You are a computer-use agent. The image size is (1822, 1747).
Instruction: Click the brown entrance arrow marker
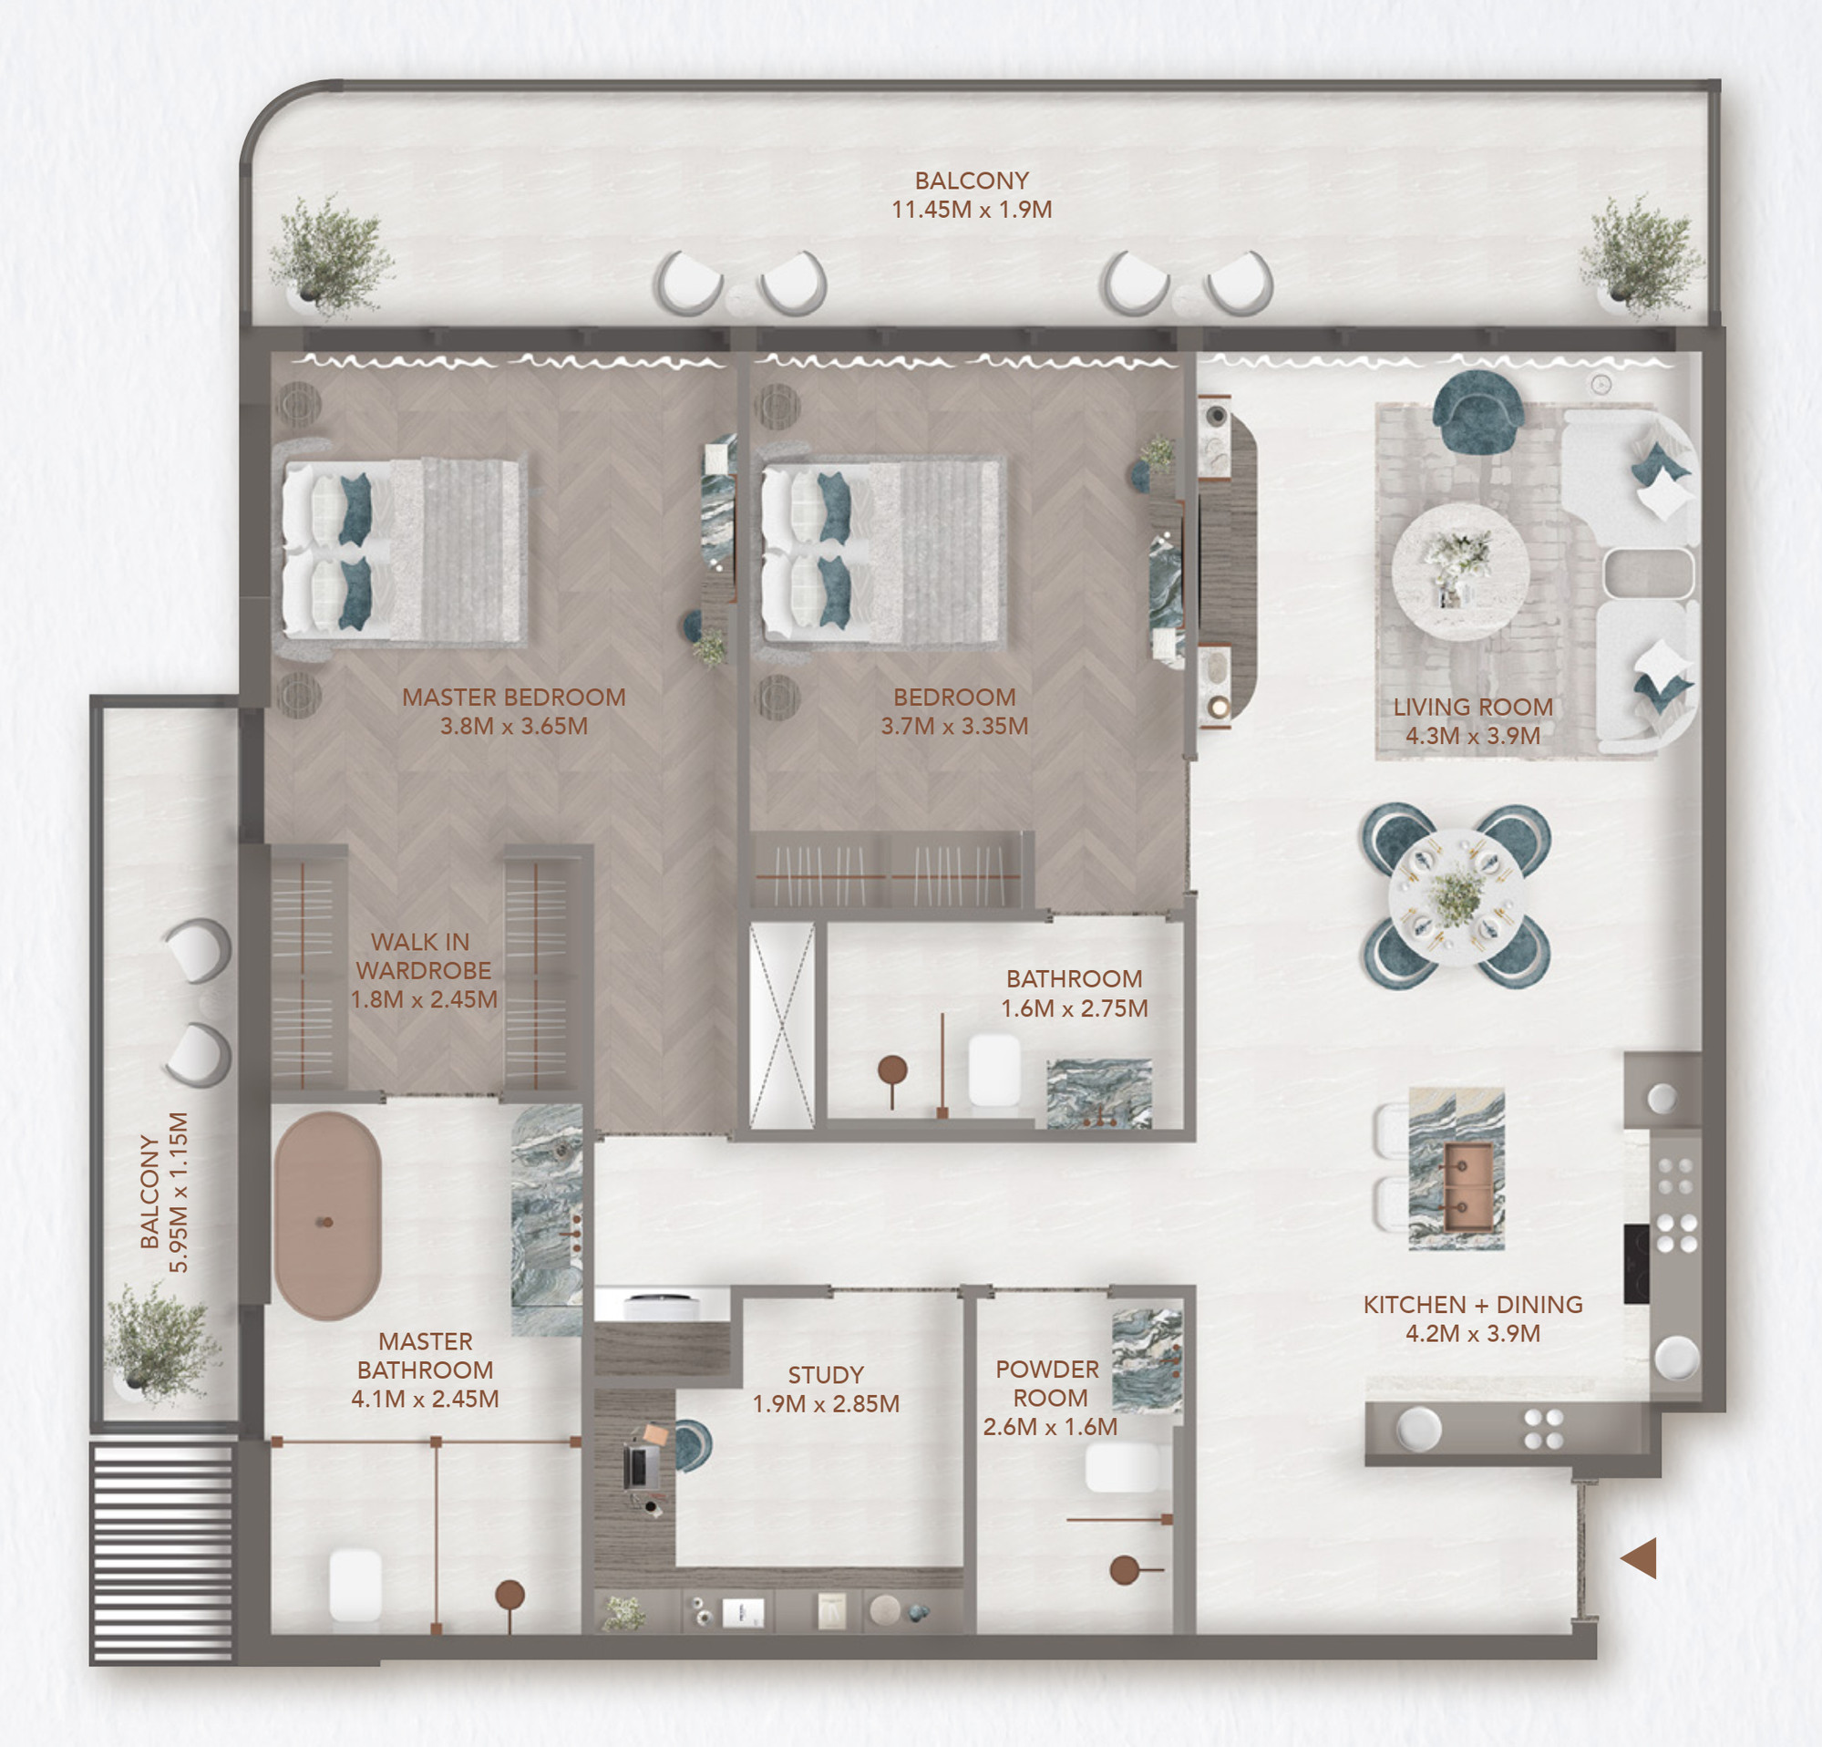click(1640, 1557)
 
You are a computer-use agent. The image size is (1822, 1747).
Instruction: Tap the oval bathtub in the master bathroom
click(327, 1216)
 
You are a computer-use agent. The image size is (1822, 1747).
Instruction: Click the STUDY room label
click(826, 1374)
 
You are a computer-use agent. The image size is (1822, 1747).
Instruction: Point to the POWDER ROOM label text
click(1048, 1383)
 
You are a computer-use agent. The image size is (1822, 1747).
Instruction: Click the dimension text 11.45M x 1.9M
click(972, 209)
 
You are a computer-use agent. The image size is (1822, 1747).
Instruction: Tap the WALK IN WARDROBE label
click(423, 956)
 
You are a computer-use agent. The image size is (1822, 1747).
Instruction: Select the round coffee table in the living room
click(1460, 572)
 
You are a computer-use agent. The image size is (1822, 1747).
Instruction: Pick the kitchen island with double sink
click(1456, 1168)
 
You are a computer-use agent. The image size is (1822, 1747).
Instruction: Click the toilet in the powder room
click(1122, 1468)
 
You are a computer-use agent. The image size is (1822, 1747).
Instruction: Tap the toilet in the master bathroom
click(355, 1586)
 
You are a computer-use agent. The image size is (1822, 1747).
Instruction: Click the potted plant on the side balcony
click(160, 1343)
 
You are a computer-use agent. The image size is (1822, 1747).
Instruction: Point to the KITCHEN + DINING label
click(1473, 1305)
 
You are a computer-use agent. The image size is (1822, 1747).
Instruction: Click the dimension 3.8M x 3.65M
click(514, 726)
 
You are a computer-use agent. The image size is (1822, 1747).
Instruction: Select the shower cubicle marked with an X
click(782, 1026)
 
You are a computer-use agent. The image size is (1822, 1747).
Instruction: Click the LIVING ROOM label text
click(1473, 707)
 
